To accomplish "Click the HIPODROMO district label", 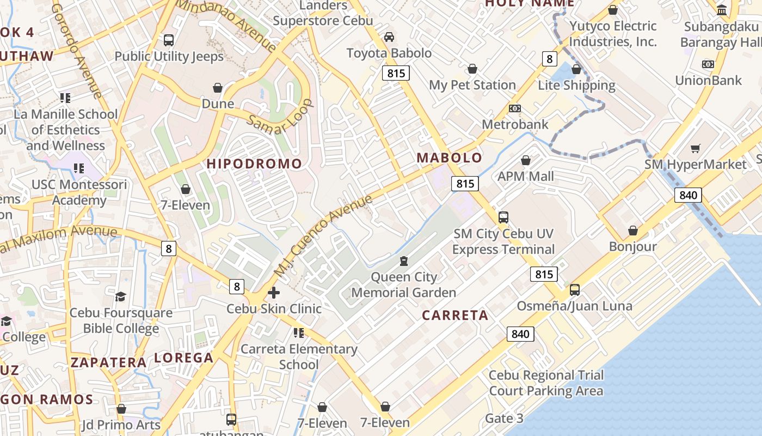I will click(x=254, y=163).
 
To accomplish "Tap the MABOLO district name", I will click(x=450, y=158).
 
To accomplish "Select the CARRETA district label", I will click(x=455, y=316).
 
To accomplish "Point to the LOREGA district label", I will click(x=183, y=358).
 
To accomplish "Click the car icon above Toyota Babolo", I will click(x=389, y=37).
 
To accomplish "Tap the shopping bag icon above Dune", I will click(x=218, y=88).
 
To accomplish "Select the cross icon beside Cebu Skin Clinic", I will click(x=274, y=293).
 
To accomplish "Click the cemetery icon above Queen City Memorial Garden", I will click(x=403, y=261).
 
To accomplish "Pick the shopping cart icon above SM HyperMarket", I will click(x=695, y=148).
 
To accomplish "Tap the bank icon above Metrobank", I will click(x=515, y=108).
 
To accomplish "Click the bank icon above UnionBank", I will click(x=708, y=64).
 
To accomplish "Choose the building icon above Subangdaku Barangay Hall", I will click(x=722, y=10).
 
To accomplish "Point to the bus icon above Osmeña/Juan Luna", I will click(x=575, y=290).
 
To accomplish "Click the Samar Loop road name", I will click(x=279, y=117).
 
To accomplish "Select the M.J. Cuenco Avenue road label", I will click(x=323, y=235).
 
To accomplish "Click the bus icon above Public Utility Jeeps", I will click(x=169, y=40).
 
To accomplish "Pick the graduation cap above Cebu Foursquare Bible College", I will click(x=120, y=296).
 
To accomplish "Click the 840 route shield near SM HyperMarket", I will click(x=688, y=195).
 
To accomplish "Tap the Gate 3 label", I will click(x=504, y=419).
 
